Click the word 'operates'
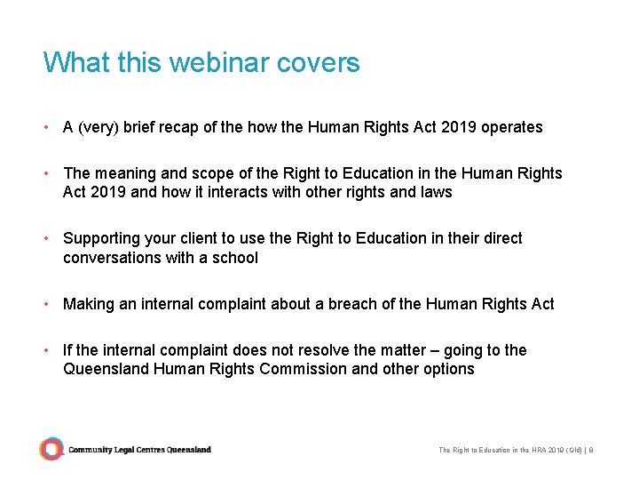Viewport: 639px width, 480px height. click(511, 127)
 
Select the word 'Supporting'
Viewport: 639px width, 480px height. click(102, 238)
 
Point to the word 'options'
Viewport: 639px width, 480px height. click(447, 369)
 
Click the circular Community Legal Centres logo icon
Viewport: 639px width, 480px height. click(52, 449)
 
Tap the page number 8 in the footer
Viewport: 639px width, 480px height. click(591, 450)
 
